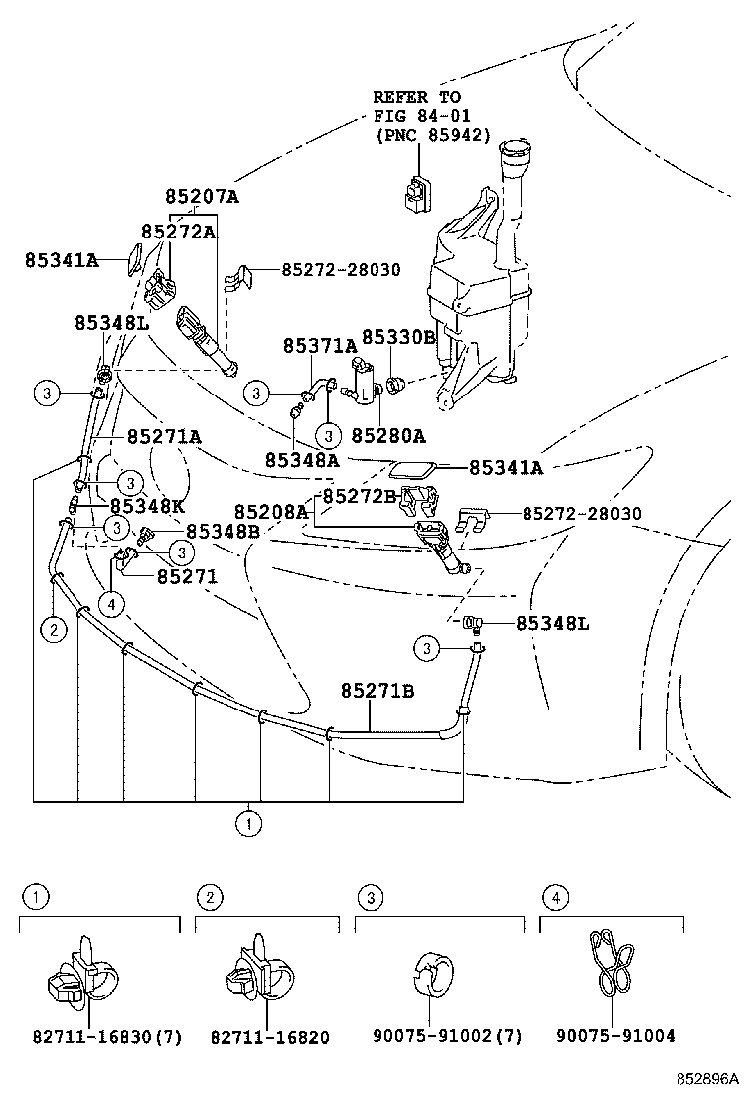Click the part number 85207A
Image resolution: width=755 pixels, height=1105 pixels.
(202, 197)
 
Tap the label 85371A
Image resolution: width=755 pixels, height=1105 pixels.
(320, 346)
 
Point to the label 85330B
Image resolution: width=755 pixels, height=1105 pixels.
(397, 338)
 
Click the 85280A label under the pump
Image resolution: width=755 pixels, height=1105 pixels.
(387, 436)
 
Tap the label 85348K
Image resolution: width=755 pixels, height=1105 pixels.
(147, 505)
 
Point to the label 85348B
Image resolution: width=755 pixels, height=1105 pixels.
(223, 532)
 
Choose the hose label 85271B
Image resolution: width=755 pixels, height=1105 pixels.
(377, 690)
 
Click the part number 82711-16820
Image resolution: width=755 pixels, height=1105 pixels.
(269, 1037)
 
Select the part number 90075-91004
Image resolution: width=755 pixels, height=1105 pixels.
(615, 1036)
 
